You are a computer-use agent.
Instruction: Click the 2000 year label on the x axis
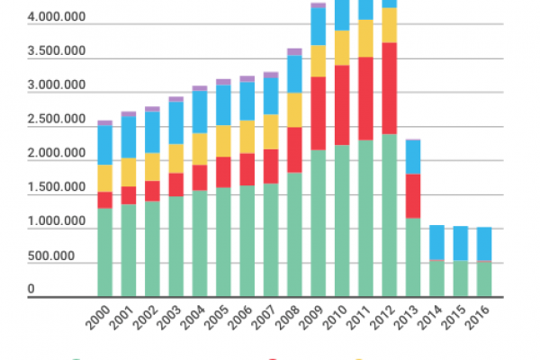tap(98, 318)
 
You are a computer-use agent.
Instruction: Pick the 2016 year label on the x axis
tap(477, 318)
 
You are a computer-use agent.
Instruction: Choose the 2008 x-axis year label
tap(288, 318)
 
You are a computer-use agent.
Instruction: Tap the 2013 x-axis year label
tap(406, 318)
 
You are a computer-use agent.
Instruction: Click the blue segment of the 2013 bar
tap(413, 157)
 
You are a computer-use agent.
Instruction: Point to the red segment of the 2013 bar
tap(413, 195)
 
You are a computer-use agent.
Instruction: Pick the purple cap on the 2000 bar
tap(105, 122)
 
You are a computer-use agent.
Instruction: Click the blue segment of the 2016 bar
tap(484, 243)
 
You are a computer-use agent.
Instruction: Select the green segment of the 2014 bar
tap(436, 279)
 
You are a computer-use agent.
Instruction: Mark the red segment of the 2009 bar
tap(318, 113)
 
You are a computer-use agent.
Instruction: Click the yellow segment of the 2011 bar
tap(365, 38)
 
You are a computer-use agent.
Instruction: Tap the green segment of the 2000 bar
tap(105, 252)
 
